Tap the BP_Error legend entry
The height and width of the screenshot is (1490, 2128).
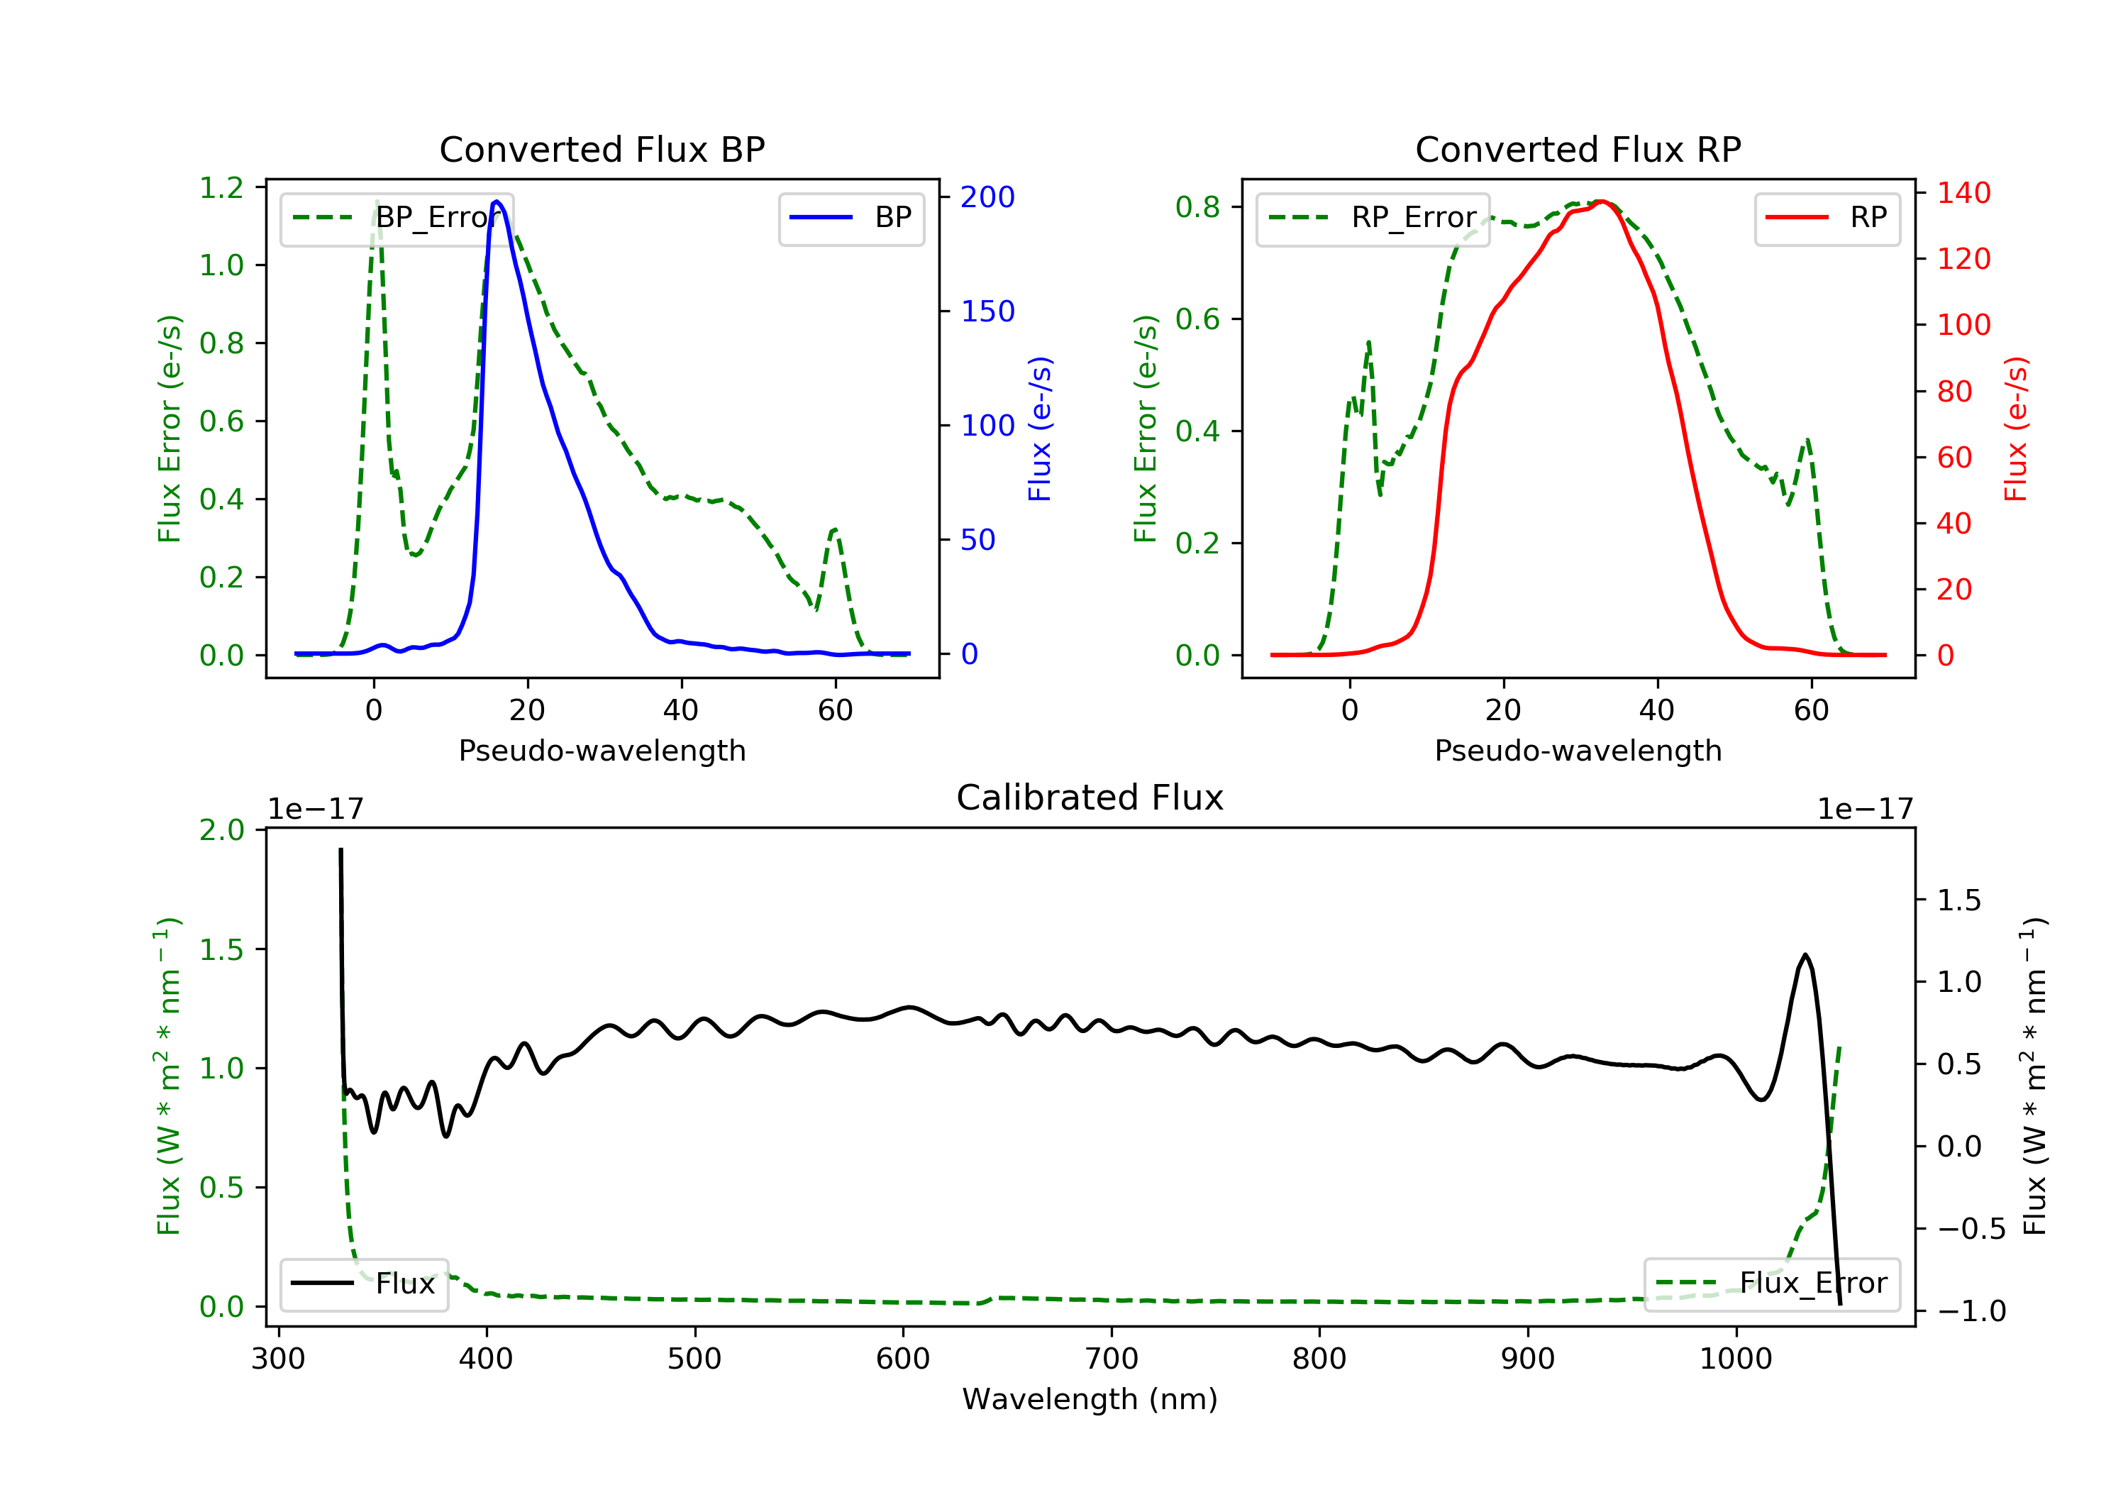397,219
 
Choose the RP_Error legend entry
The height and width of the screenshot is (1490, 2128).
1373,219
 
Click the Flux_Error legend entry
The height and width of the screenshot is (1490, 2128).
1771,1284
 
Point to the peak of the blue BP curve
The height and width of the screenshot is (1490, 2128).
498,202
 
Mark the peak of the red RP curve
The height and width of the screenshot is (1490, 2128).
1601,202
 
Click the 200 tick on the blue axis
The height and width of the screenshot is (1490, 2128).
987,197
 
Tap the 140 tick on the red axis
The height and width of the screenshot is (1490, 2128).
1963,193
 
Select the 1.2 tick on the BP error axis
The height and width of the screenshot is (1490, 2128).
221,188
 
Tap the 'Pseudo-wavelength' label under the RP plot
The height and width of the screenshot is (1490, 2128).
1578,751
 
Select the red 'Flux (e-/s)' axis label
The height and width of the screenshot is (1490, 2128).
2016,429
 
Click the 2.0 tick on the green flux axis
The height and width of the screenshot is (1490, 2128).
221,830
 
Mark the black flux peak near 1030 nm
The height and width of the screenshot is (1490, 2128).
1805,955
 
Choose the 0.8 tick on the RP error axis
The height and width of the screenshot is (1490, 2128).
1197,206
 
